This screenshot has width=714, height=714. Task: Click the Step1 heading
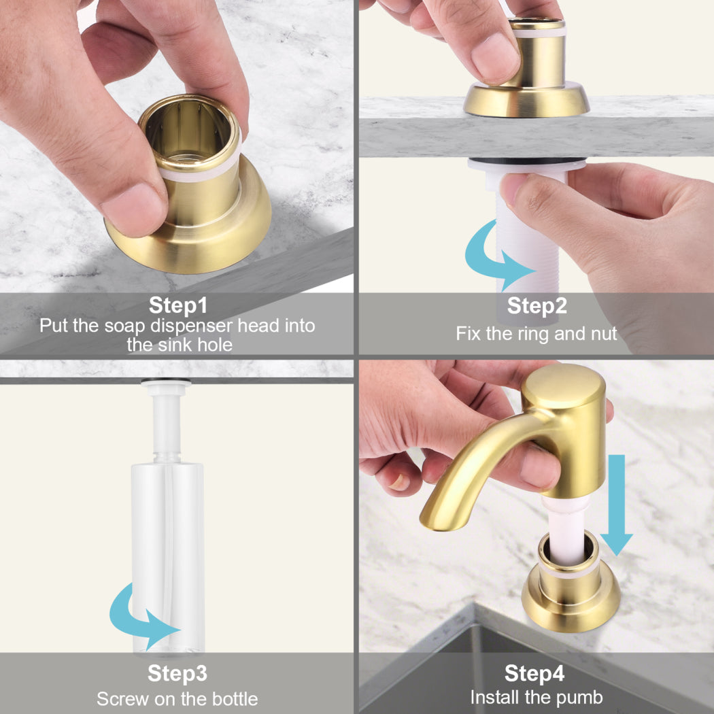178,305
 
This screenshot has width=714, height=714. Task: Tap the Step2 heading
537,305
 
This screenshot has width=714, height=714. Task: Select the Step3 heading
177,673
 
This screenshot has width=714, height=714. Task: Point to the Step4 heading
534,673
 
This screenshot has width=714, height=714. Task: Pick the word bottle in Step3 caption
235,698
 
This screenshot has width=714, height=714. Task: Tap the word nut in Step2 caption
604,334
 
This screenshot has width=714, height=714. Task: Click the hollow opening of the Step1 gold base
188,133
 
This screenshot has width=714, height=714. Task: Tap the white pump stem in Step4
566,530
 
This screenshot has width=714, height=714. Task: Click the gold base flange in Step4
571,606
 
